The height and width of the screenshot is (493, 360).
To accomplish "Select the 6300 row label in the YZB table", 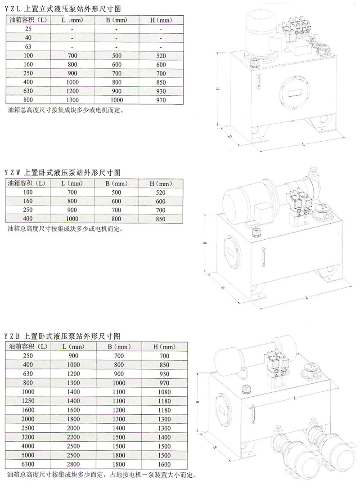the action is [28, 464].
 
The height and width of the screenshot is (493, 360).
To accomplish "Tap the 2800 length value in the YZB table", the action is [73, 464].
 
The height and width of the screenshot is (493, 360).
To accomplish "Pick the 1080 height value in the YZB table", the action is [164, 392].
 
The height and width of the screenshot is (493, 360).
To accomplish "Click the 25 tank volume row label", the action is [28, 29].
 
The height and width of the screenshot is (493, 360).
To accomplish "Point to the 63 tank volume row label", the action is [28, 46].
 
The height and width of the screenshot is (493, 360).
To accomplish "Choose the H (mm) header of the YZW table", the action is [161, 184].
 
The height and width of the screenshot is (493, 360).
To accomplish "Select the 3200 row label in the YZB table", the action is [28, 437].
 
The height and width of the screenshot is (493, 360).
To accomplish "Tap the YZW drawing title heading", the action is [63, 172].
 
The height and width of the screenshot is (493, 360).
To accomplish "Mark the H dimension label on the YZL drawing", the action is [217, 89].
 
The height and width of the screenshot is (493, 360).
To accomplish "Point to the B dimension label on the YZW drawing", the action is [222, 288].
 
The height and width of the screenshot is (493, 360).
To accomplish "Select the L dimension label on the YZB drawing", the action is [295, 399].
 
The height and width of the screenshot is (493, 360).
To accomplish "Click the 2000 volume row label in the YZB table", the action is [28, 419].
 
